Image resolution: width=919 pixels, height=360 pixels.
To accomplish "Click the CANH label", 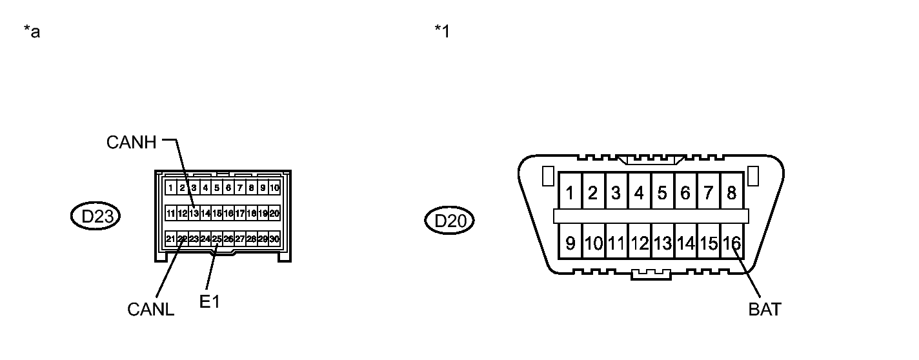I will tap(132, 143).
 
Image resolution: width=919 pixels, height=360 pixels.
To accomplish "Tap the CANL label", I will tap(150, 310).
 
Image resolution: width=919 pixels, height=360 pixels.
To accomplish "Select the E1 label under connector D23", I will tap(210, 301).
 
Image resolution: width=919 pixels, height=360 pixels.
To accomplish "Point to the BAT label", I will tap(765, 310).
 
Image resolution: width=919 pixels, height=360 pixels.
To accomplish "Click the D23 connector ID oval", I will tap(96, 217).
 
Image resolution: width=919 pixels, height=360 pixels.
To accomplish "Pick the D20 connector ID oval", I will tap(449, 221).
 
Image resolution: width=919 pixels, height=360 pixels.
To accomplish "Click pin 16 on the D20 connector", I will tap(732, 243).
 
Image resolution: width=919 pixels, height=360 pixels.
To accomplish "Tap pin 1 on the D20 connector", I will tap(570, 193).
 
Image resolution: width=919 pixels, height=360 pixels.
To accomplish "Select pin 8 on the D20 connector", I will tap(732, 193).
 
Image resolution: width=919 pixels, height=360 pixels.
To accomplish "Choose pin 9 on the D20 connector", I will tap(570, 243).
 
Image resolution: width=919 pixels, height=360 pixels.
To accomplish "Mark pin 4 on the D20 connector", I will tap(639, 193).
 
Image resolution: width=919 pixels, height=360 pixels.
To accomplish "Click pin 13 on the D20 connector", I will tap(662, 243).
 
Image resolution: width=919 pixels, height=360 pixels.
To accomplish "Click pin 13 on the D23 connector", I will tap(194, 213).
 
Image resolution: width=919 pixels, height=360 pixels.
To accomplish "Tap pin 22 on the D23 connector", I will tap(183, 239).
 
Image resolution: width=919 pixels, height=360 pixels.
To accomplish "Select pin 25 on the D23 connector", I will tap(217, 239).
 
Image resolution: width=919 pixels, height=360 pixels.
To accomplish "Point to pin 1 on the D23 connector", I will tap(170, 188).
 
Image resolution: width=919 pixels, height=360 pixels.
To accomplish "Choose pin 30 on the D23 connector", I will tap(274, 239).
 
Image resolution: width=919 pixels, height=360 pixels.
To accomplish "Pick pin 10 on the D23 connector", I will tap(274, 188).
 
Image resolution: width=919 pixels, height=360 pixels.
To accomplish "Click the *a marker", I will tap(32, 32).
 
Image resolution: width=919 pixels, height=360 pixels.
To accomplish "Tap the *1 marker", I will tap(442, 32).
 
